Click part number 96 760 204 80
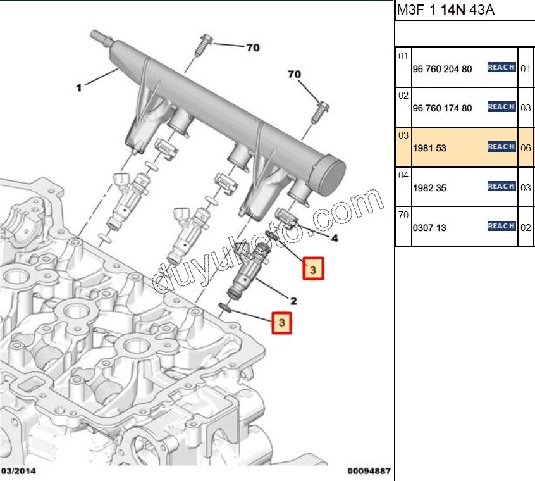click(x=442, y=69)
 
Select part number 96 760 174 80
click(x=442, y=108)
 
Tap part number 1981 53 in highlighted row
click(x=429, y=148)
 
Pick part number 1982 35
click(x=429, y=188)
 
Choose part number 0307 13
click(x=429, y=227)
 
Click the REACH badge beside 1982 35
click(x=501, y=186)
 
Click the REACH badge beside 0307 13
click(x=501, y=226)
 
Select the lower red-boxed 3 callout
click(x=281, y=323)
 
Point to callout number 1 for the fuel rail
click(x=79, y=88)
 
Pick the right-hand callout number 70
click(x=294, y=75)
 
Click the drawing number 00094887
click(x=369, y=472)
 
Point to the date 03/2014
click(x=19, y=472)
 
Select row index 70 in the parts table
click(x=403, y=215)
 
